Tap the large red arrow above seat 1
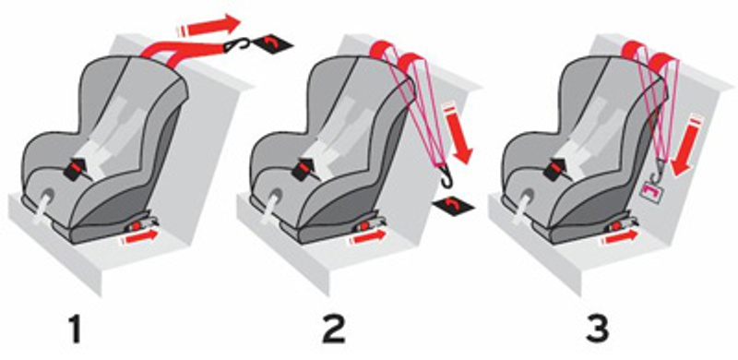(208, 25)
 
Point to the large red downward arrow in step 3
(688, 146)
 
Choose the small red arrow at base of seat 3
(619, 237)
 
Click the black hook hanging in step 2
(446, 178)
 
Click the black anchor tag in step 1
(273, 43)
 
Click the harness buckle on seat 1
(77, 169)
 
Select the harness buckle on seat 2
(306, 169)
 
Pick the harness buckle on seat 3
(558, 169)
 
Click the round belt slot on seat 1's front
(48, 197)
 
